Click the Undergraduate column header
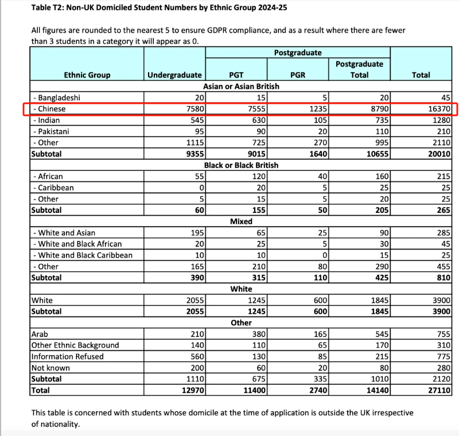point(174,75)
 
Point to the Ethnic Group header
point(87,75)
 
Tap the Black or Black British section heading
point(241,165)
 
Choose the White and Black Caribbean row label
point(83,255)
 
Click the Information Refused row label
point(68,356)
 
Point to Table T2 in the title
point(49,9)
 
